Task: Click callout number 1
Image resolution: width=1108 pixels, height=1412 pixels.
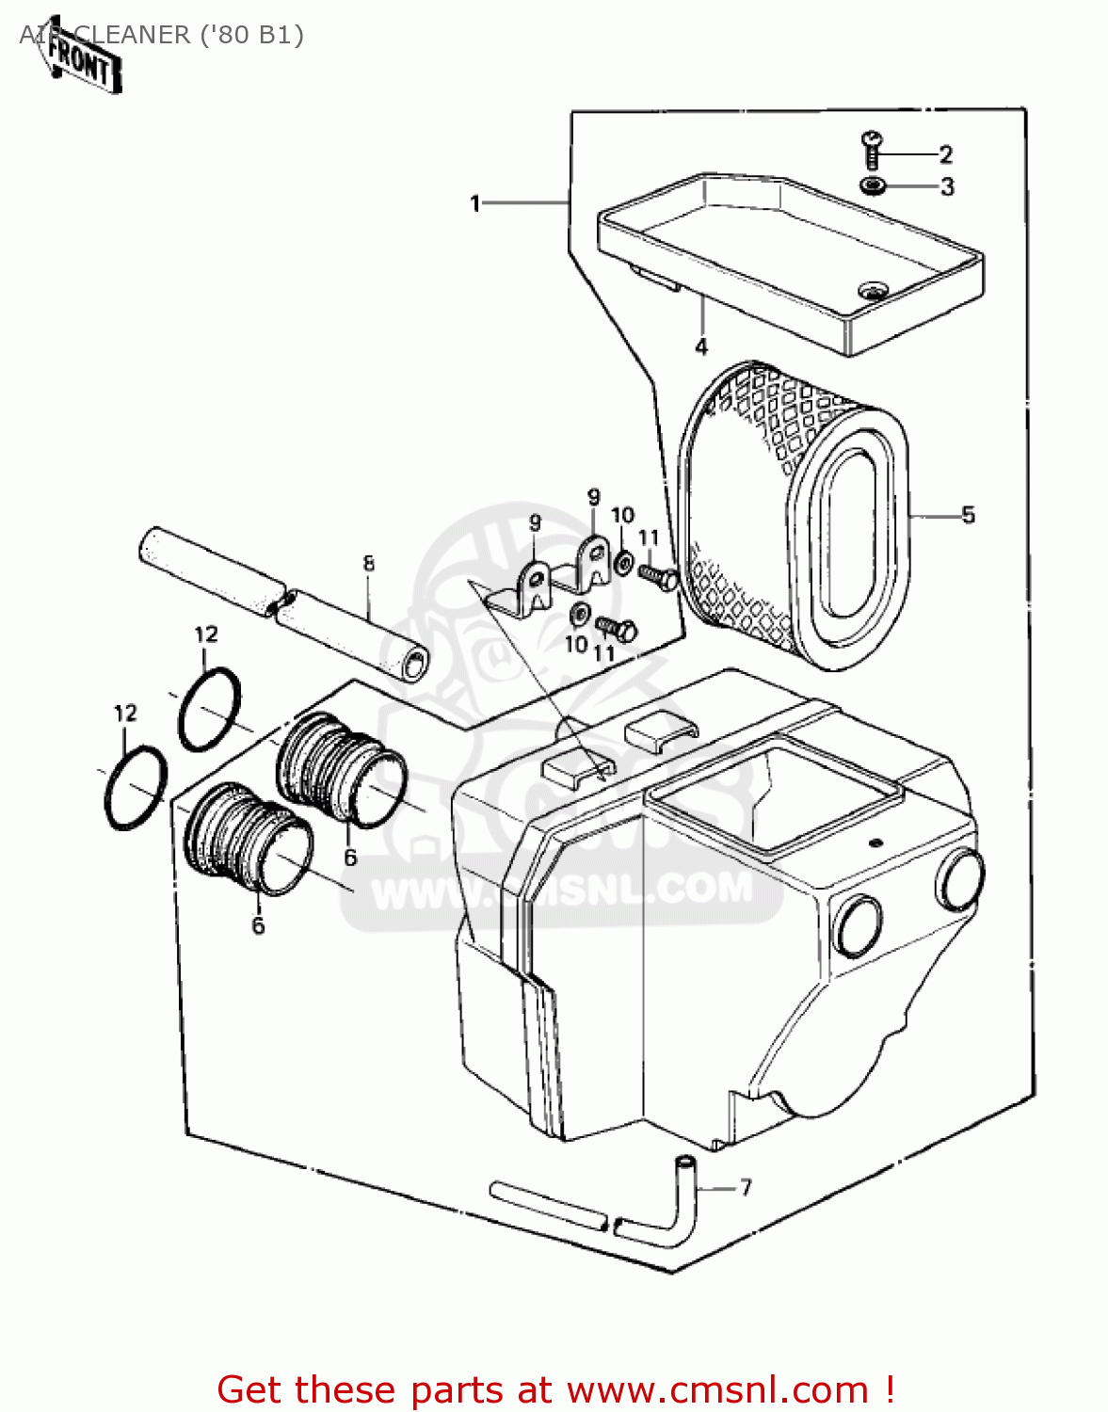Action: (x=475, y=202)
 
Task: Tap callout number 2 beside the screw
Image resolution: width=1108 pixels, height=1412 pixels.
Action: (x=945, y=154)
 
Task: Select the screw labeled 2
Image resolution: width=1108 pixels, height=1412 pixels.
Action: (x=872, y=146)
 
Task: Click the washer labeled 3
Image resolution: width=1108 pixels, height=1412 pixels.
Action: (x=873, y=185)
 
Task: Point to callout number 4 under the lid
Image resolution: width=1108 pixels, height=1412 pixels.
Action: (x=701, y=346)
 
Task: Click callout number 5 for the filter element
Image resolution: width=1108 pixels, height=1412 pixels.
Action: (x=968, y=515)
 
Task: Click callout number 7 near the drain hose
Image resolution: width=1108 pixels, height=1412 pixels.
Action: (x=746, y=1187)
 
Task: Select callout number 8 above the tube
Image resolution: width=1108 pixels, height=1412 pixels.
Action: (x=368, y=563)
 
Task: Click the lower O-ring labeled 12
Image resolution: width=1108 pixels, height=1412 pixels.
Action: (x=136, y=787)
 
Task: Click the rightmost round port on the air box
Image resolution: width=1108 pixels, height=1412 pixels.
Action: (x=959, y=878)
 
